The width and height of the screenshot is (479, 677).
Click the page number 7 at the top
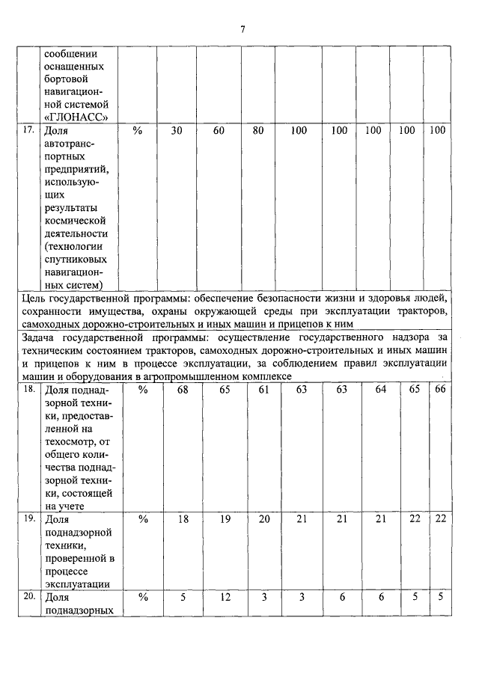(x=242, y=29)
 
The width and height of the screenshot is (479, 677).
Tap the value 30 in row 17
(x=177, y=130)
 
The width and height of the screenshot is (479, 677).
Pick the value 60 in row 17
(x=219, y=130)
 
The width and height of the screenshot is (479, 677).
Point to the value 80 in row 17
(x=258, y=130)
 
